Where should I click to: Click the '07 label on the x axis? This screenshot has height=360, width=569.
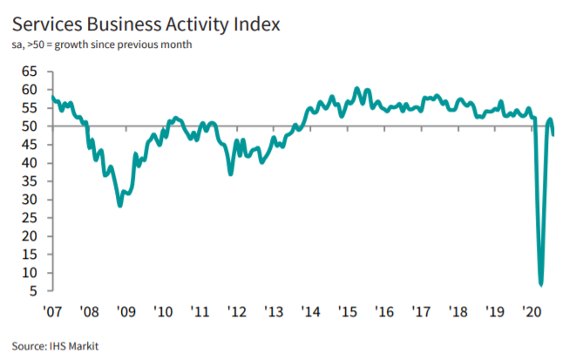click(x=52, y=311)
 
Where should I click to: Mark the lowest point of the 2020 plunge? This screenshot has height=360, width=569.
click(x=541, y=284)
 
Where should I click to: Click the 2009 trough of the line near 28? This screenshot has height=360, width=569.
click(x=120, y=206)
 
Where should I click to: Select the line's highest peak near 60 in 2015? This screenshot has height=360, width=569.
click(x=356, y=89)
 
